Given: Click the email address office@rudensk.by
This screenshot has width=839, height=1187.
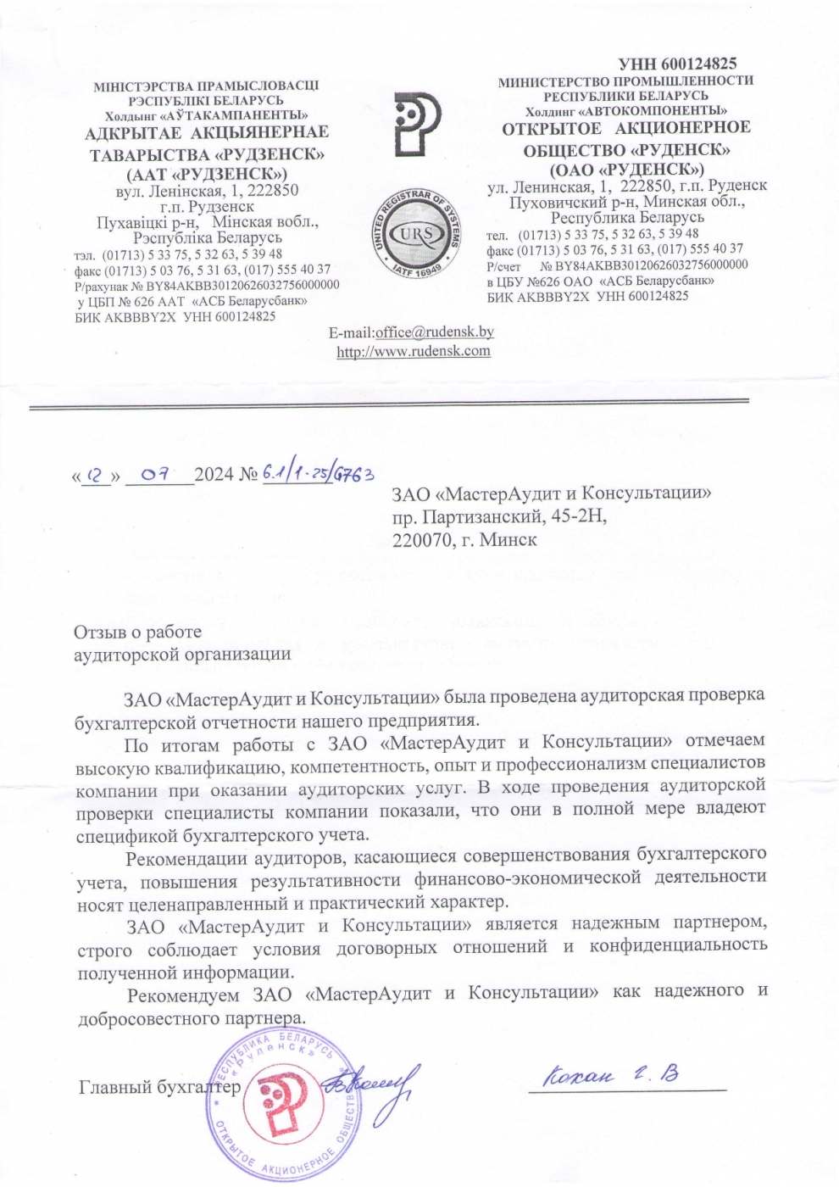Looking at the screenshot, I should [434, 332].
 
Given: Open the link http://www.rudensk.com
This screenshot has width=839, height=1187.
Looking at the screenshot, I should [414, 351].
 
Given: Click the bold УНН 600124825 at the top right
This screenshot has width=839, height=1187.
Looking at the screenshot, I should [677, 64].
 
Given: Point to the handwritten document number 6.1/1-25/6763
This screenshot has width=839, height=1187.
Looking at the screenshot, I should [319, 473].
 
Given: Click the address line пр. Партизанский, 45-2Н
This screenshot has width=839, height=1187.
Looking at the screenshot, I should [499, 515].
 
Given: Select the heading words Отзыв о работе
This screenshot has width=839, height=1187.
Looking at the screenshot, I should [137, 633].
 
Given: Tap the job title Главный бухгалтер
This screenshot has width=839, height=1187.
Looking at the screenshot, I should [159, 1087].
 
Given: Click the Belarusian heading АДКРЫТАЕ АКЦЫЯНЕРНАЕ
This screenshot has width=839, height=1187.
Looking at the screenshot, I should [207, 132].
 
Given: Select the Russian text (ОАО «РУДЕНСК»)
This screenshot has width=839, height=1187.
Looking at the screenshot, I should [626, 170].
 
